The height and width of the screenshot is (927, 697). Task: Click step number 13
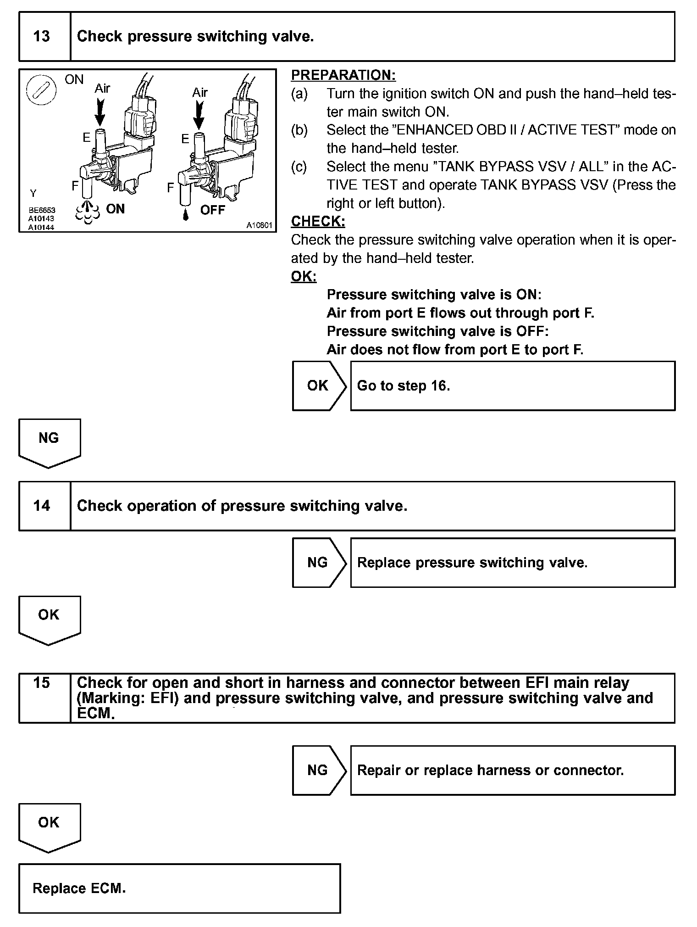[42, 36]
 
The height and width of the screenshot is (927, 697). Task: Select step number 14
[42, 506]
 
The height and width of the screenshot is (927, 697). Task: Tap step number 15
[42, 683]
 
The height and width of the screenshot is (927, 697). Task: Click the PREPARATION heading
[343, 75]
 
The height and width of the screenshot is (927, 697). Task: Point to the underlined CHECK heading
[318, 221]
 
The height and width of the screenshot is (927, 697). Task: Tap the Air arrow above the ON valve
[100, 112]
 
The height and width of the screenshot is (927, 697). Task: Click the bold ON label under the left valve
[115, 209]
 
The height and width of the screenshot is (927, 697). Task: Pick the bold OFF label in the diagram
[213, 210]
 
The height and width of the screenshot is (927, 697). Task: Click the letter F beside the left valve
[76, 186]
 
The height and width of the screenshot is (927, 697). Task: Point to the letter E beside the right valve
[185, 139]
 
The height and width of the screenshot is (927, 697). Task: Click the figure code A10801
[259, 225]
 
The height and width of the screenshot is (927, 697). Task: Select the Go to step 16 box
[512, 385]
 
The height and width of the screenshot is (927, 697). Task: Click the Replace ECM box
[179, 888]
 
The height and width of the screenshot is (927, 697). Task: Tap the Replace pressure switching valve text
[472, 563]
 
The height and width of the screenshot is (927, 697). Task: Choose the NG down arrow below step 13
[49, 442]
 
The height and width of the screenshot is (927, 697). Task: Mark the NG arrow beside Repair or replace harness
[319, 770]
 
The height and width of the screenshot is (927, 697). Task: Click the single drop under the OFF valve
[185, 215]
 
